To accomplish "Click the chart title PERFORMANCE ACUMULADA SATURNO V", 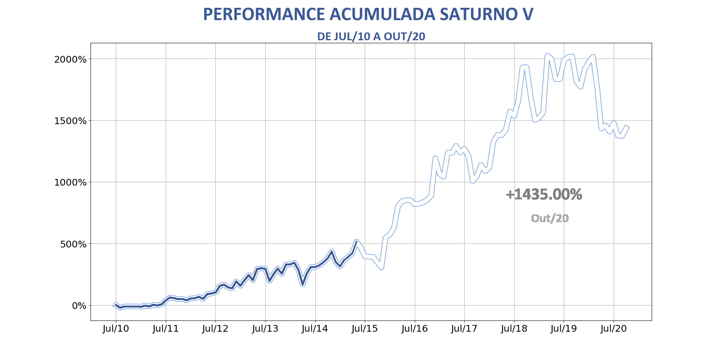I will coord(368,15).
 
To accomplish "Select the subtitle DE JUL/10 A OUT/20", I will coord(371,37).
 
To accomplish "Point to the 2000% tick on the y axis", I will coord(71,59).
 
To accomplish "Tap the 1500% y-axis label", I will coord(71,121).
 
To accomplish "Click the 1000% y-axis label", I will coord(71,182).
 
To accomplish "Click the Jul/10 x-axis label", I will coord(116,329).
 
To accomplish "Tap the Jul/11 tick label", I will coord(165,329).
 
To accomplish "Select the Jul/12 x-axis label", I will coord(215,329).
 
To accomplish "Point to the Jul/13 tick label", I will coord(265,329).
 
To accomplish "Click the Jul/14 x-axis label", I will coord(315,329).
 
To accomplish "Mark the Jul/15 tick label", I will coord(365,329).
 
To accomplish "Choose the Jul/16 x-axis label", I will coord(414,329).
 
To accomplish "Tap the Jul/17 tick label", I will coord(464,329).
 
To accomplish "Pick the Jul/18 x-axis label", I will coord(514,329).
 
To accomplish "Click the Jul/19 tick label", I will coord(564,329).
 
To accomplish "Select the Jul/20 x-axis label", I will coord(614,329).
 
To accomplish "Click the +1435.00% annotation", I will coord(544,195).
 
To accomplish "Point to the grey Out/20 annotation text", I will coord(550,218).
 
